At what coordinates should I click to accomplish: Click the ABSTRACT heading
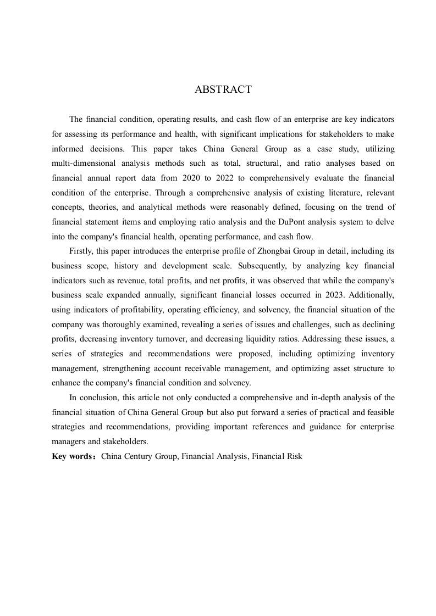223,89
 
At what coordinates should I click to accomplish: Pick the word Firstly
82,250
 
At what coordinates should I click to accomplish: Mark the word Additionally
370,295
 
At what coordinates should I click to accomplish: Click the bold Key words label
73,456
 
